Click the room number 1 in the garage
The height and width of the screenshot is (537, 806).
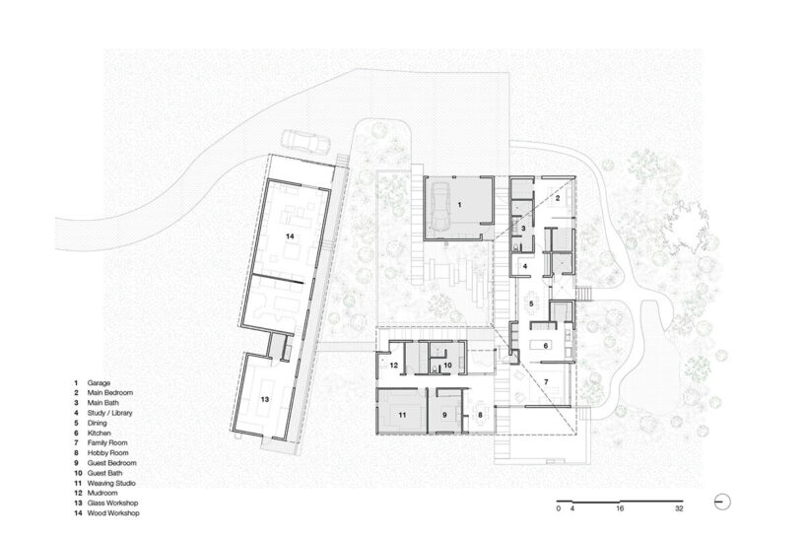click(459, 205)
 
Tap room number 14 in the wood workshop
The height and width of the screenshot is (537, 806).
click(291, 236)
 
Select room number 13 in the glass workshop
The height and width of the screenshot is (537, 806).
click(265, 399)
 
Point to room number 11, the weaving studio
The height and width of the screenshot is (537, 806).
click(402, 414)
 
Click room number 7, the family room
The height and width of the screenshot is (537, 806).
click(546, 381)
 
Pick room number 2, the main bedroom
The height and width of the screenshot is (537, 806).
click(557, 198)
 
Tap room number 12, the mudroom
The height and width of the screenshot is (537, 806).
click(394, 366)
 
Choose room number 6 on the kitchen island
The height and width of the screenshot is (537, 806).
click(546, 346)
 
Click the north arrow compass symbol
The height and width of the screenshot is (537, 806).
click(722, 502)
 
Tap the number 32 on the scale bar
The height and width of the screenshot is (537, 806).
click(680, 508)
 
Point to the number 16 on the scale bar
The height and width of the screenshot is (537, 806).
click(620, 508)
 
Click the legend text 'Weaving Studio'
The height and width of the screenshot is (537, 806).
click(111, 483)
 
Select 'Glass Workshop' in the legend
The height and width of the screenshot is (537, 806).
click(112, 503)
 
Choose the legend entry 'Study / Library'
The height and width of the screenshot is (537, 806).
click(109, 413)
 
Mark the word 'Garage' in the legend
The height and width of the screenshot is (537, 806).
click(99, 383)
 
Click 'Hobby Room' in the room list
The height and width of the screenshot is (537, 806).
click(108, 452)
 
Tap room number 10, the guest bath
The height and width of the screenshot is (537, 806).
click(447, 365)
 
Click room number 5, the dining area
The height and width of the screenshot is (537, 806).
click(531, 303)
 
